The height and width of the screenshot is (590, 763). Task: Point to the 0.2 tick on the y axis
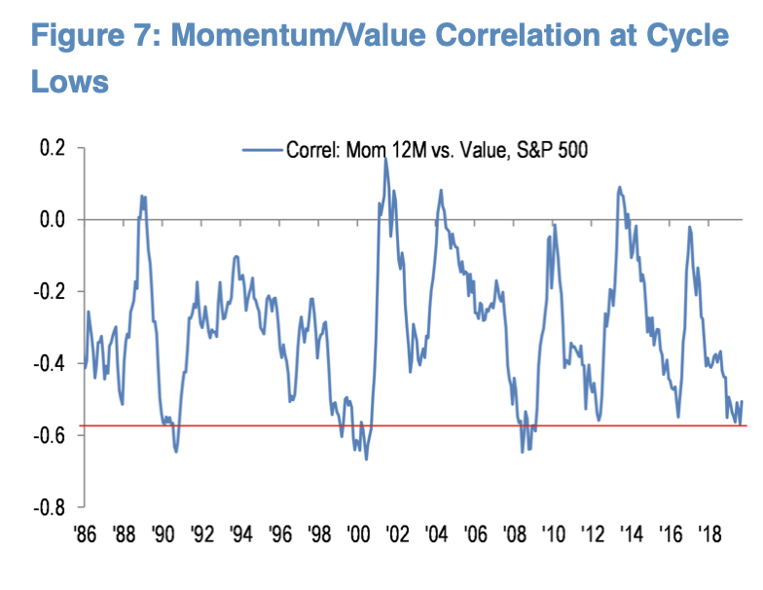(x=52, y=148)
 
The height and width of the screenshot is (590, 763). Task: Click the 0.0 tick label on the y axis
(x=52, y=220)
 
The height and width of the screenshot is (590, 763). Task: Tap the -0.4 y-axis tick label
(x=49, y=363)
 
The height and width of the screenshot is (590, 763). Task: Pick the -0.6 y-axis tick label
(x=49, y=435)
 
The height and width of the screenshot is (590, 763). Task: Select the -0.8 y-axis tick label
(x=49, y=507)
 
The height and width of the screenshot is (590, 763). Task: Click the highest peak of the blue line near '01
(x=385, y=158)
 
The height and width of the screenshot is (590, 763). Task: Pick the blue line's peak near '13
(x=619, y=187)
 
